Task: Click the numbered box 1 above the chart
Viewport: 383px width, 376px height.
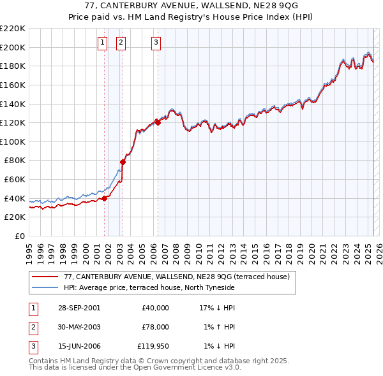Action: tap(102, 43)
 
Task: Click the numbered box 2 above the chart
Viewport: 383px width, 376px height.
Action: tap(121, 43)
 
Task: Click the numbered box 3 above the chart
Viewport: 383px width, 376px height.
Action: tap(156, 43)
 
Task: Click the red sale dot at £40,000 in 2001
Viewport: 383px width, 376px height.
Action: tap(105, 198)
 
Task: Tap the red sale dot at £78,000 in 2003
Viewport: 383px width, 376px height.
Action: tap(123, 162)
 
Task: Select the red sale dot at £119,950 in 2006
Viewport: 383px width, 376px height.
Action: tap(158, 122)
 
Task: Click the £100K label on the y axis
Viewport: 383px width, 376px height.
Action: tap(13, 141)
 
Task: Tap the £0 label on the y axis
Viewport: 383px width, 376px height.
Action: tap(19, 236)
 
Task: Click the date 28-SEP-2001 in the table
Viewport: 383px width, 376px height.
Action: tap(79, 308)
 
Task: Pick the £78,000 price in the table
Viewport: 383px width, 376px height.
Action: tap(155, 327)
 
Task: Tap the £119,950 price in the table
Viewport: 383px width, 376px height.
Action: tap(153, 346)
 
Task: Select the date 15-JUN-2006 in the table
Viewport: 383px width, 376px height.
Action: tap(79, 346)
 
